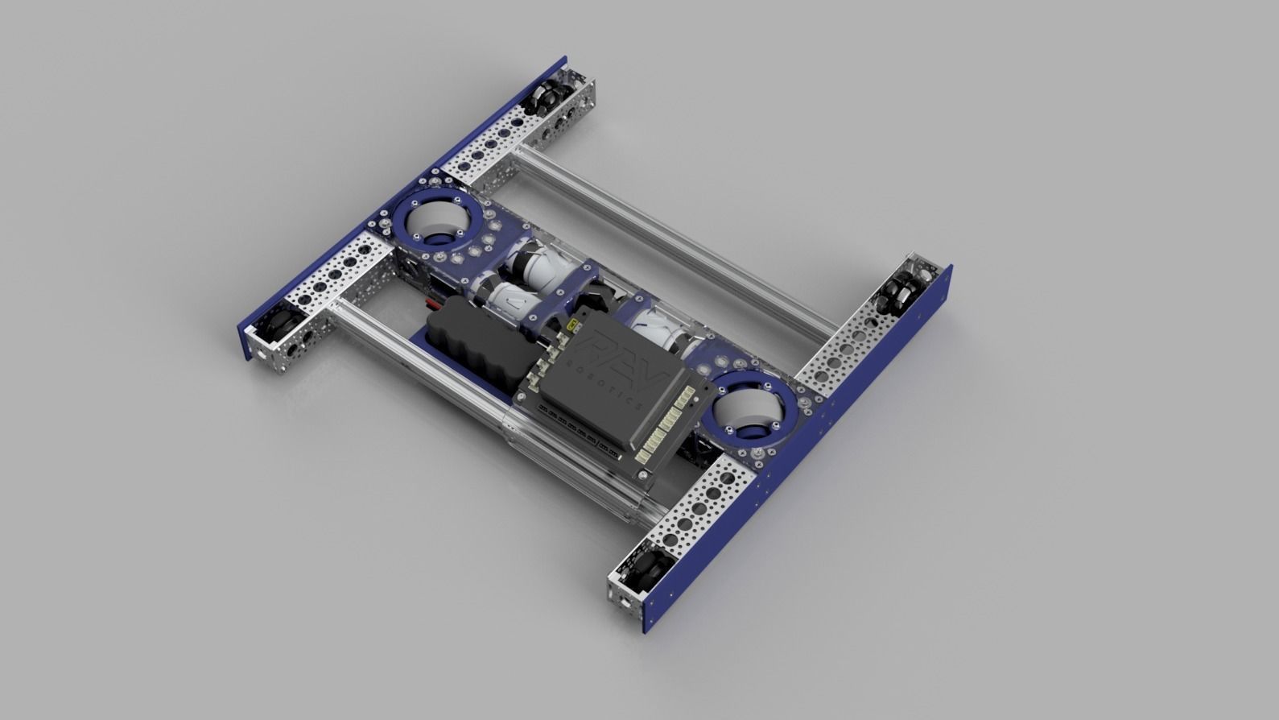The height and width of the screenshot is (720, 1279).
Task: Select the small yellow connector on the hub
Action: click(571, 325)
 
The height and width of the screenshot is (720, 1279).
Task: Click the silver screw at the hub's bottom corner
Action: click(645, 478)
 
